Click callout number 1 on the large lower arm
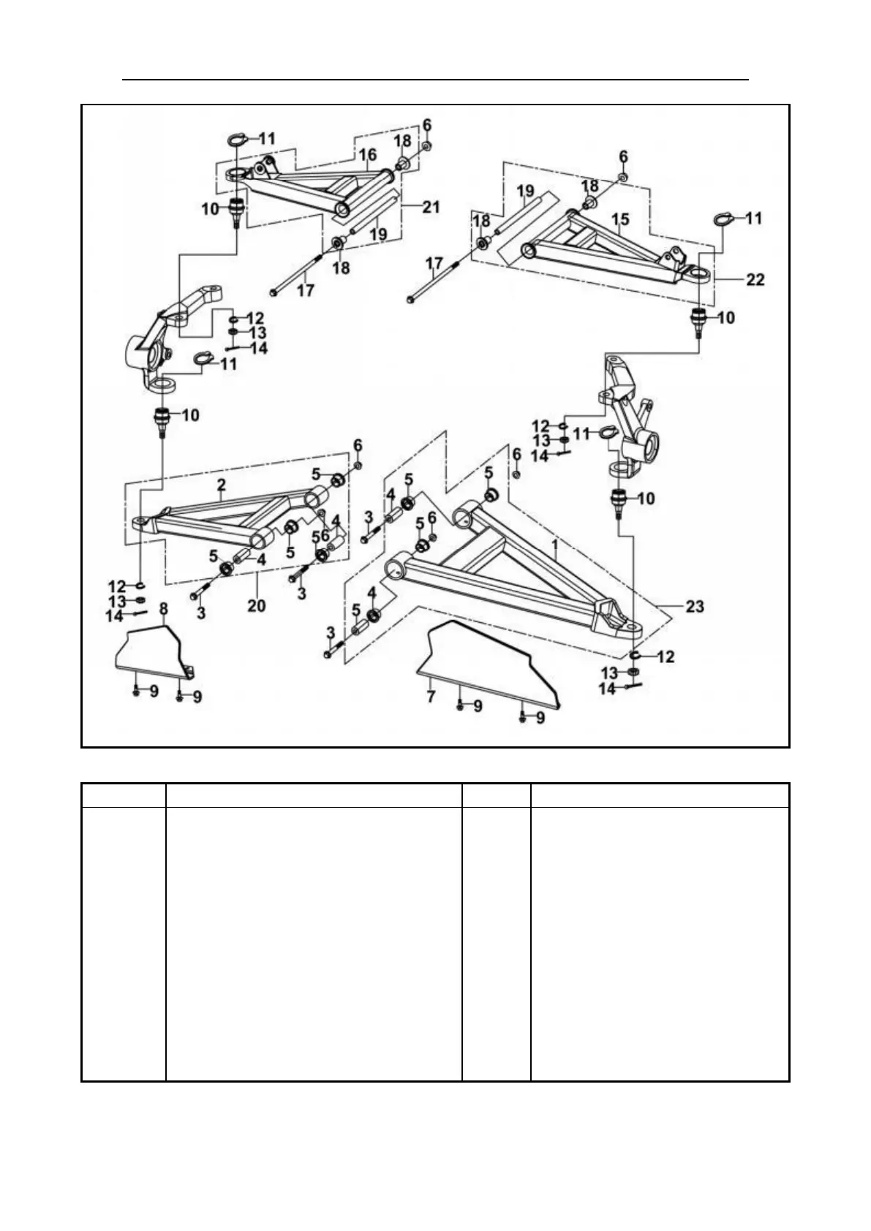(x=555, y=546)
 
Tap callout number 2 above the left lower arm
(x=222, y=485)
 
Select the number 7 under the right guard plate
(x=431, y=697)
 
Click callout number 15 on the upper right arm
(x=620, y=219)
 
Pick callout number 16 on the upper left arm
(x=367, y=154)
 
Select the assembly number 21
(x=431, y=207)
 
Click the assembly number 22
(x=755, y=279)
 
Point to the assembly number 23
(x=695, y=606)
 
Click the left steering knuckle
(x=165, y=333)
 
